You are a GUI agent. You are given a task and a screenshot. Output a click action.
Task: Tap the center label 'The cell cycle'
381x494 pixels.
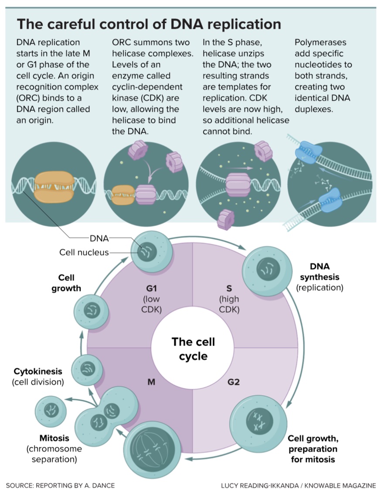click(193, 348)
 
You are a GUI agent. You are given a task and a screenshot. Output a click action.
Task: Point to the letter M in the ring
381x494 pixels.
click(151, 382)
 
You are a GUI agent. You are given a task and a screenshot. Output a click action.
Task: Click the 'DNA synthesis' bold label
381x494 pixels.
click(319, 271)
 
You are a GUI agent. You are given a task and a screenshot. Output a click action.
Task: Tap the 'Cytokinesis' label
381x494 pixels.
click(37, 371)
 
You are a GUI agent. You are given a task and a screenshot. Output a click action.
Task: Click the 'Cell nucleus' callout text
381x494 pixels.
click(84, 252)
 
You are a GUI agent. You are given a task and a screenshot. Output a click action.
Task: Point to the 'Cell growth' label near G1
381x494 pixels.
click(66, 283)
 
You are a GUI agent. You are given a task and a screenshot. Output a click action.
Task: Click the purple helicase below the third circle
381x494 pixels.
click(226, 218)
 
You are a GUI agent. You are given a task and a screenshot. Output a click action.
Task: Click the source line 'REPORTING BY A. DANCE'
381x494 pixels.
click(61, 485)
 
